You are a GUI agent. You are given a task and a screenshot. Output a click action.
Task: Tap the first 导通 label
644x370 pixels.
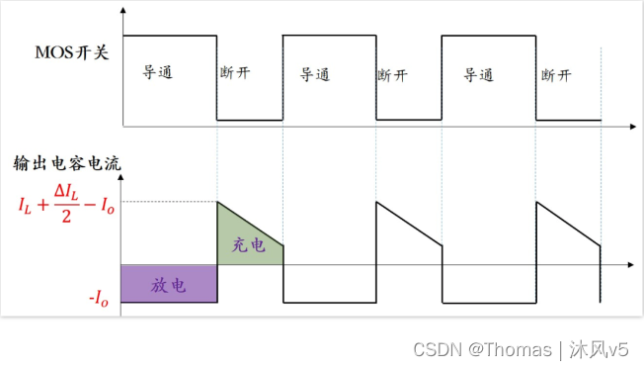(x=159, y=72)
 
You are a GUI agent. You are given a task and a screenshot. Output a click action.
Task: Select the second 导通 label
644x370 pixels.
(x=315, y=74)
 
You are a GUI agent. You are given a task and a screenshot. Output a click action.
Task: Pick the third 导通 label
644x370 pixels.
(x=479, y=74)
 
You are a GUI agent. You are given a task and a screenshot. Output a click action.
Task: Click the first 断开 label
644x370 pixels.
(x=236, y=74)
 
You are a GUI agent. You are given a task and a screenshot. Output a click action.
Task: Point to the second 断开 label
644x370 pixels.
(x=393, y=74)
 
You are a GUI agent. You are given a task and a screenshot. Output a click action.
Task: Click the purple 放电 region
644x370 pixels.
(x=168, y=284)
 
